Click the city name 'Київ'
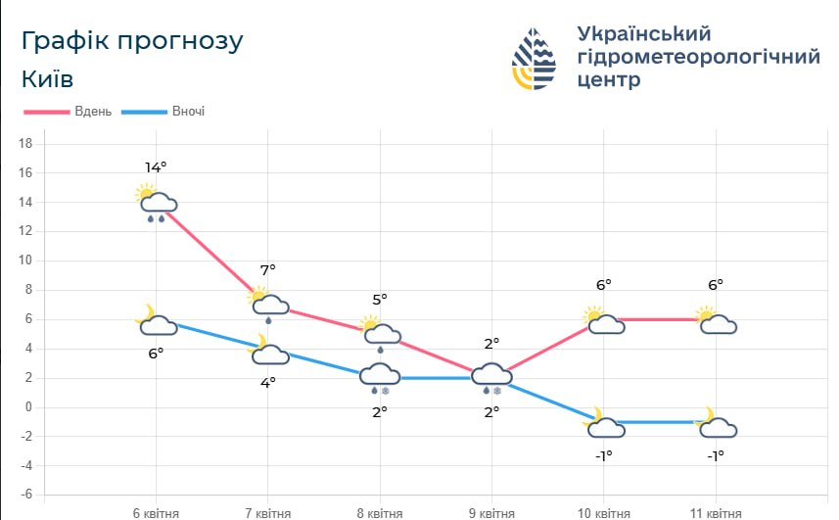click(47, 79)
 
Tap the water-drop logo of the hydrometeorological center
click(535, 57)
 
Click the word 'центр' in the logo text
click(609, 80)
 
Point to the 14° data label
click(156, 166)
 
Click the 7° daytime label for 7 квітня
click(267, 269)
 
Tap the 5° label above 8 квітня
click(380, 299)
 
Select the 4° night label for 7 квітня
click(267, 383)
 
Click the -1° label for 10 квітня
click(603, 455)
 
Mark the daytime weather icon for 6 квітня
click(156, 202)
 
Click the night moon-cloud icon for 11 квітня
click(717, 424)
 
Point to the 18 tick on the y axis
click(26, 144)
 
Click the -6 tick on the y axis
click(26, 496)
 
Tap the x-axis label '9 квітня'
click(491, 512)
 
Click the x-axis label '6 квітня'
click(156, 512)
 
